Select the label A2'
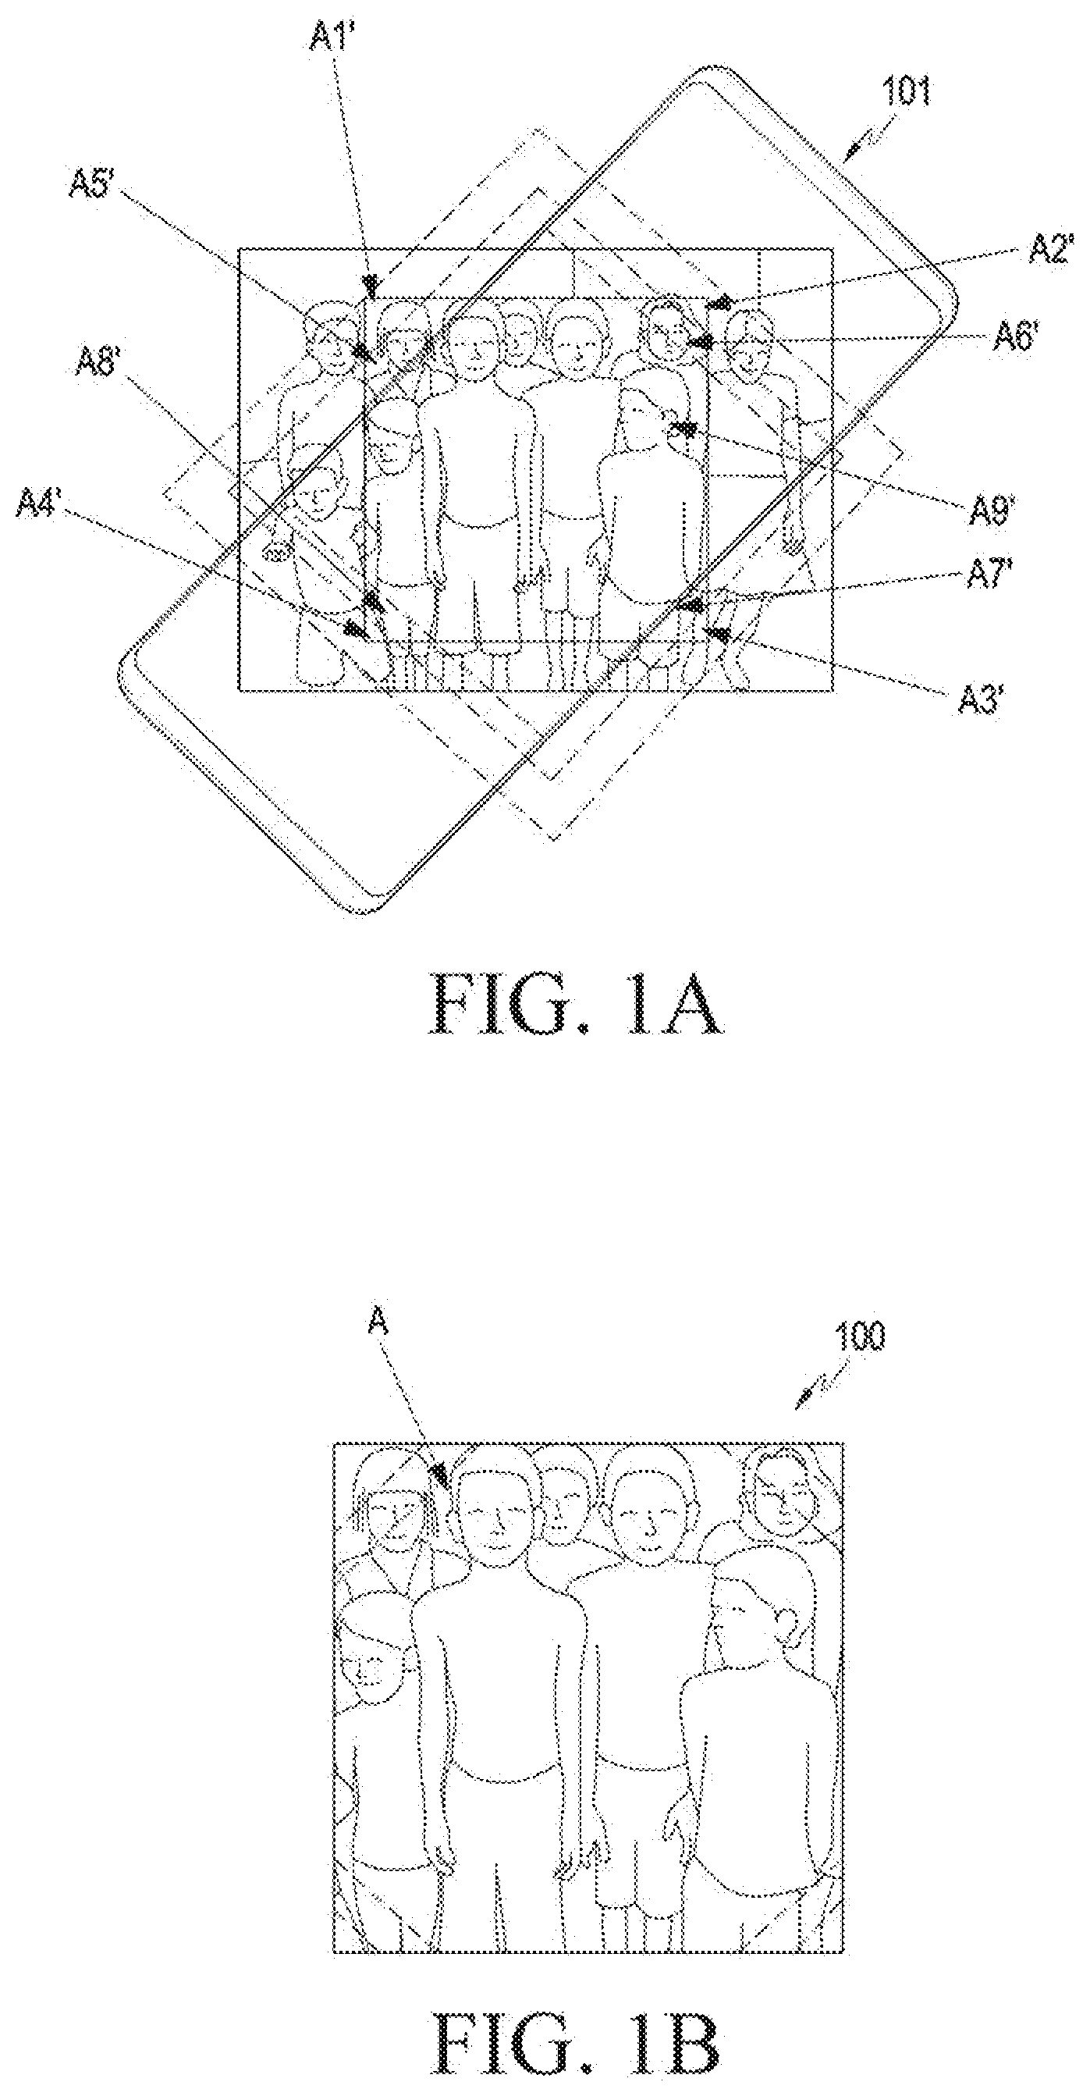click(x=1052, y=249)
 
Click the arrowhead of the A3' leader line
click(x=719, y=634)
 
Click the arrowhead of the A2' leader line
click(x=721, y=304)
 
